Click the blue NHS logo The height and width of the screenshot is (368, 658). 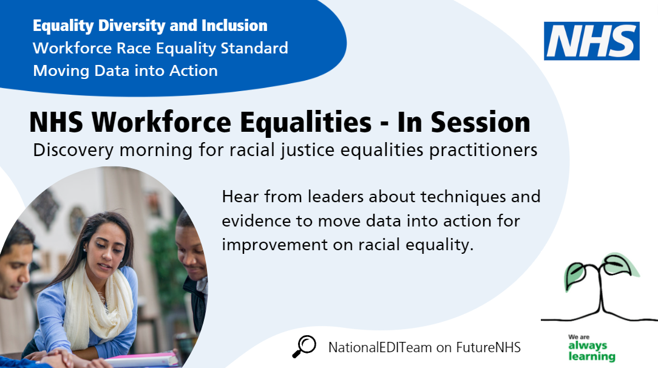pos(592,41)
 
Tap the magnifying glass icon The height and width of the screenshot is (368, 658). pos(304,347)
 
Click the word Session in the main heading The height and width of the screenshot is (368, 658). pos(481,122)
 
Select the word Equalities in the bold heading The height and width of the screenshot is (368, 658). pos(306,123)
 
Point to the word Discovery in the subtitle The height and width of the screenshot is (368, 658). pos(73,150)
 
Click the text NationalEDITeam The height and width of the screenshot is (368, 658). pos(380,347)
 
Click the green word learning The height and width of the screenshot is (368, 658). pos(592,356)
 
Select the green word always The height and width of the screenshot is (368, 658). pos(588,346)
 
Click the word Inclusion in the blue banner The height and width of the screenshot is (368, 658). pos(234,26)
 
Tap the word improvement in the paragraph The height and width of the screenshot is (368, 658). pos(274,245)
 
